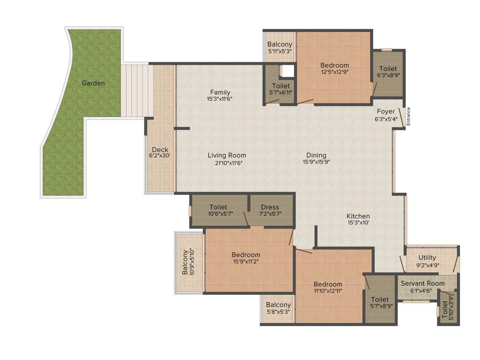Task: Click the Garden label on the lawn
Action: click(x=93, y=83)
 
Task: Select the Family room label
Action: click(x=220, y=92)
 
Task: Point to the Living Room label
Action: click(x=227, y=156)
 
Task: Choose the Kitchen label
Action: click(x=358, y=216)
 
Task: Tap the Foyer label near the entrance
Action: click(x=386, y=112)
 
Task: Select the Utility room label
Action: click(x=427, y=257)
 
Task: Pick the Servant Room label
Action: click(x=422, y=284)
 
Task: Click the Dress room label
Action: click(x=270, y=207)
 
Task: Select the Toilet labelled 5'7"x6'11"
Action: click(x=281, y=92)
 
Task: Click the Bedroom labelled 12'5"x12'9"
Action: click(x=334, y=72)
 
